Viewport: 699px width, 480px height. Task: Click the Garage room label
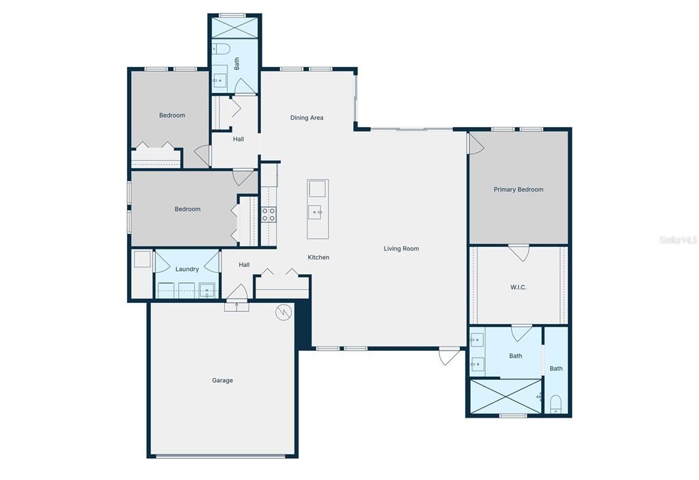coord(222,380)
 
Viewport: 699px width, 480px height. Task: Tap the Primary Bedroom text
coord(519,189)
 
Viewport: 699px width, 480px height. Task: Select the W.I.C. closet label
coord(518,287)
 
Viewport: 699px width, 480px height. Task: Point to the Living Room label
coord(401,249)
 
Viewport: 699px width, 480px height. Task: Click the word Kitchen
coord(318,257)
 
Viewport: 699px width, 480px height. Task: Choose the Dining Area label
coord(307,118)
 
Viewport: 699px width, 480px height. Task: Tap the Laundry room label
coord(187,269)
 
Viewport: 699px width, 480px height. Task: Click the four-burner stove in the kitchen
coord(269,214)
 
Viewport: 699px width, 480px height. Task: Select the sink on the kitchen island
coord(317,212)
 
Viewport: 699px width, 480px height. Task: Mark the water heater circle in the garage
coord(283,313)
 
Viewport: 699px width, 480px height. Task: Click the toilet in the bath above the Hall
coord(220,49)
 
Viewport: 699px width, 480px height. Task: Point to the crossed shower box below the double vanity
coord(504,396)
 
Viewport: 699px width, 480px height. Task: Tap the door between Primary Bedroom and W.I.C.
coord(519,252)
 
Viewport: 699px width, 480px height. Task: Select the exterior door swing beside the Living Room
coord(449,356)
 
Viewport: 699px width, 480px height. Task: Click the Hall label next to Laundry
coord(244,265)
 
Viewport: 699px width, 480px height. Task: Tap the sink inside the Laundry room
coord(207,289)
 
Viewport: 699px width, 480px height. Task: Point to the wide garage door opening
coord(223,455)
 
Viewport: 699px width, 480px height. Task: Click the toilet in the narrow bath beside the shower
coord(556,403)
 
